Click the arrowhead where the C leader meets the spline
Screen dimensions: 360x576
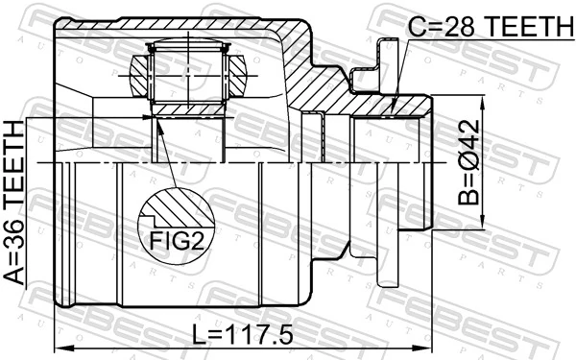coord(395,108)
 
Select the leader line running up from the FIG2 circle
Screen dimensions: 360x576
coord(165,154)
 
